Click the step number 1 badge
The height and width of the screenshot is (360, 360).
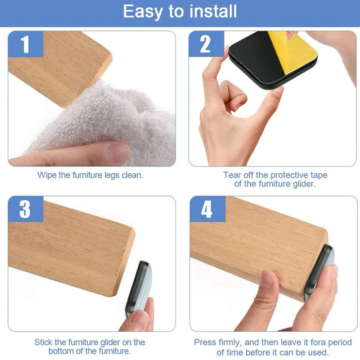coord(26,45)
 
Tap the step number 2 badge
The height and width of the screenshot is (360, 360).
coord(206,45)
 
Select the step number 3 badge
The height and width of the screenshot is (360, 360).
coord(26,210)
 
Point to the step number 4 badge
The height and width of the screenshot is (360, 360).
coord(207,210)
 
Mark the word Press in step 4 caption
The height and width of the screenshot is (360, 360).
coord(205,342)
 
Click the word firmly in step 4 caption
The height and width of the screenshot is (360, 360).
coord(232,342)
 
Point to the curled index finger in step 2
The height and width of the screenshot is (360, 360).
coord(234,97)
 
